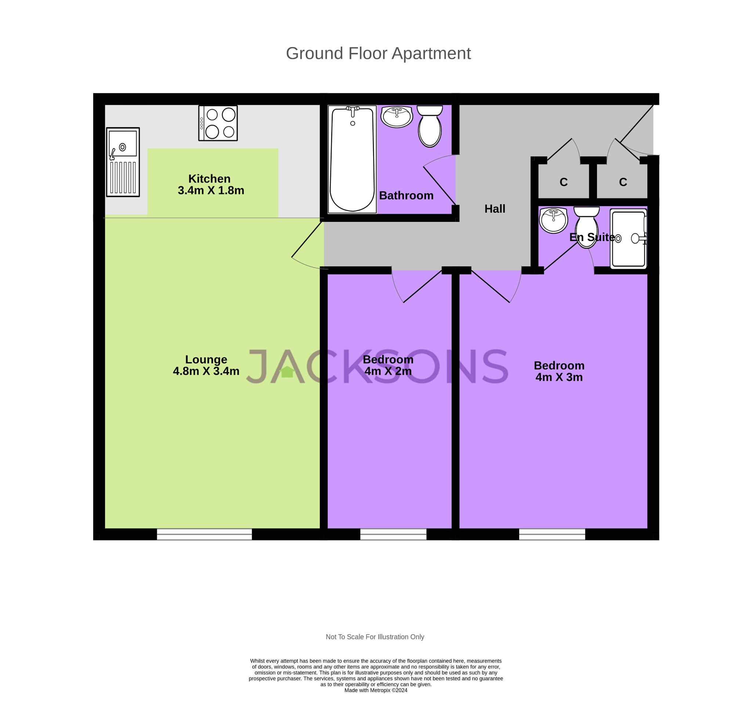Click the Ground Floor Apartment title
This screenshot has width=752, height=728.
(378, 53)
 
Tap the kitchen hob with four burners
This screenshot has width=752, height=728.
(218, 123)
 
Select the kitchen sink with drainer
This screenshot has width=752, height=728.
(123, 162)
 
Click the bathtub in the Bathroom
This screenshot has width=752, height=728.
(352, 159)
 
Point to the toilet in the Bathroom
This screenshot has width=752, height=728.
(429, 127)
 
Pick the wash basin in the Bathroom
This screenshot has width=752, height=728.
(396, 116)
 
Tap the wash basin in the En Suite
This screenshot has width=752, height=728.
(553, 220)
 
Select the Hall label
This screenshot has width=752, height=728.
(495, 209)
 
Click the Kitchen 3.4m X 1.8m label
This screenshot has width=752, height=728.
(210, 185)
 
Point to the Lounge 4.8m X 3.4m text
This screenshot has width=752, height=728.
(206, 365)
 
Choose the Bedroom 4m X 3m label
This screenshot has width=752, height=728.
(558, 371)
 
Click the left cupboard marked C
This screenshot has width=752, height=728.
(563, 182)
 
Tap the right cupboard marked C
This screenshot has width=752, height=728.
(623, 182)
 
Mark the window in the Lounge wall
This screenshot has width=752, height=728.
(204, 534)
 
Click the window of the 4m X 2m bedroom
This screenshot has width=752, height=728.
(393, 534)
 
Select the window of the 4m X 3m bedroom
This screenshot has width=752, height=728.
(552, 534)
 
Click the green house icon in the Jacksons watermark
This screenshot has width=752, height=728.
(287, 372)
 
